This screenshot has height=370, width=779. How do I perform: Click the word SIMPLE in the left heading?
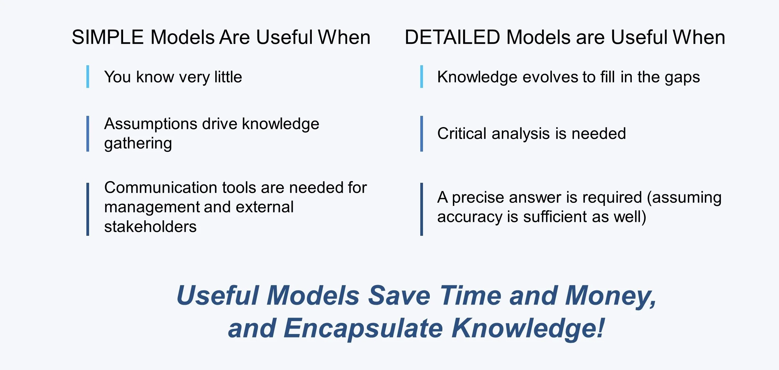click(107, 37)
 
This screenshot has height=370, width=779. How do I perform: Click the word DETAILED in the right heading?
click(452, 37)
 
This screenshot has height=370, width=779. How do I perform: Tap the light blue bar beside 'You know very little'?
click(88, 77)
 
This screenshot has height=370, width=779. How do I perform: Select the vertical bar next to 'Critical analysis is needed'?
click(422, 134)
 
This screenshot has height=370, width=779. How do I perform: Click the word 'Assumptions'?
click(150, 124)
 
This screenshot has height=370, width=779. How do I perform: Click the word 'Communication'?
click(160, 188)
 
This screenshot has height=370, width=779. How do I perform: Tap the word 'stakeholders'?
click(150, 227)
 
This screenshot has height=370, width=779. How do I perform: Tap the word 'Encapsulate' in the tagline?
click(363, 329)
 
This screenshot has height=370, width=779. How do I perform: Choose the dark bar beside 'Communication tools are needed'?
click(88, 209)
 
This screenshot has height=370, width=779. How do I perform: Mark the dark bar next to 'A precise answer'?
click(422, 209)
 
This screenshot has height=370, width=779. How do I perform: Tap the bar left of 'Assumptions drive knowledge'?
click(88, 134)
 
